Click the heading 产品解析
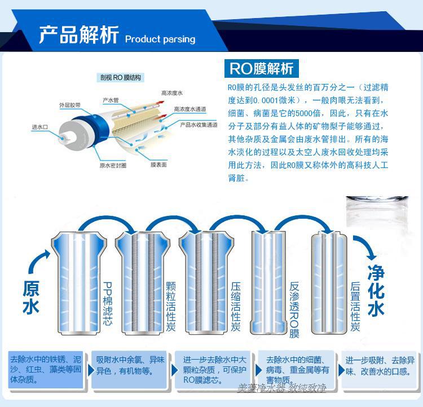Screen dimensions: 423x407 (x=79, y=34)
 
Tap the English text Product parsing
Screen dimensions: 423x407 (x=160, y=39)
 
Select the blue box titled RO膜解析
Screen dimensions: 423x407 (x=261, y=68)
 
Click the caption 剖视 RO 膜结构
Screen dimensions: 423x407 (x=120, y=78)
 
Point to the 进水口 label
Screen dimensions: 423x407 (x=39, y=127)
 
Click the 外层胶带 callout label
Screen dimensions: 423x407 (x=70, y=105)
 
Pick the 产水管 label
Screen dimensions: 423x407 (x=111, y=100)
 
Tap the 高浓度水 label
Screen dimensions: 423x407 (x=172, y=93)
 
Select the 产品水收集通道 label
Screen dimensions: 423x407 (x=199, y=125)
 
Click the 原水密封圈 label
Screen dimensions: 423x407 (x=113, y=165)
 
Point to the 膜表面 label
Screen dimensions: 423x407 (x=158, y=165)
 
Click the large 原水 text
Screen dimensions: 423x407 (x=31, y=297)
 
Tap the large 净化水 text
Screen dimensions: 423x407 (x=376, y=290)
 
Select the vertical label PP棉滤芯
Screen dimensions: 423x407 (x=107, y=303)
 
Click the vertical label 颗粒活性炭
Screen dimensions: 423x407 (x=170, y=307)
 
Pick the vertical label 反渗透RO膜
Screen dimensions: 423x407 (x=294, y=309)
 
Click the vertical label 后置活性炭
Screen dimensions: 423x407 (x=355, y=307)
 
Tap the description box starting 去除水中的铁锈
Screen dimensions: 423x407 (x=46, y=369)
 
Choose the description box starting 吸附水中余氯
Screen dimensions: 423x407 (x=129, y=369)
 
